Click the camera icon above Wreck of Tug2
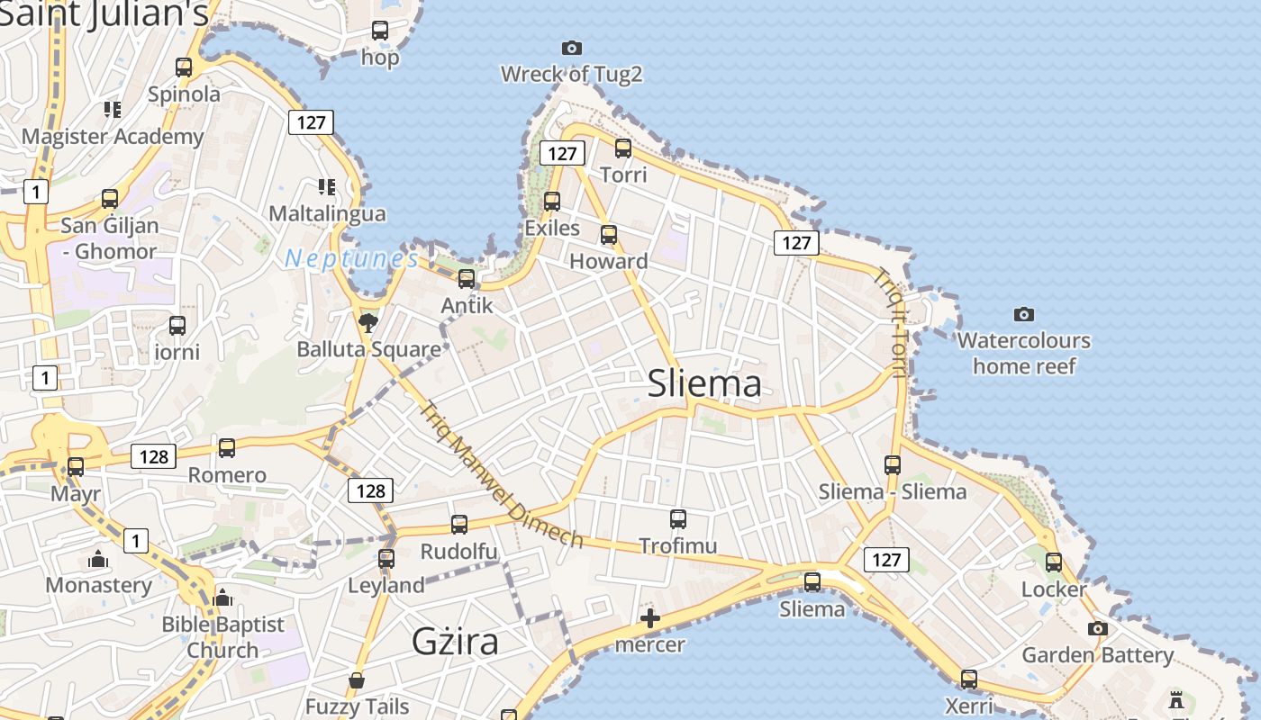571,48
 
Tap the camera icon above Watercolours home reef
1023,314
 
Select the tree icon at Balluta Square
367,322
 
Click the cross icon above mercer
649,618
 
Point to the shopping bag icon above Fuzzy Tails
357,680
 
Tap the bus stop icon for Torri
622,148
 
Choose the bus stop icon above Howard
609,235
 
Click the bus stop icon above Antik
466,279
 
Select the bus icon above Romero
226,447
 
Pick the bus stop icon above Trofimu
677,518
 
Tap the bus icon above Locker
1053,562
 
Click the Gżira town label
455,642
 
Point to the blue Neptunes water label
351,259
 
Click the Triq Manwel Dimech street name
502,475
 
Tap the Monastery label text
98,585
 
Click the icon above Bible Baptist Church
222,597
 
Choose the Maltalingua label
327,213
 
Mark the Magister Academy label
113,137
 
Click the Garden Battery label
1097,655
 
